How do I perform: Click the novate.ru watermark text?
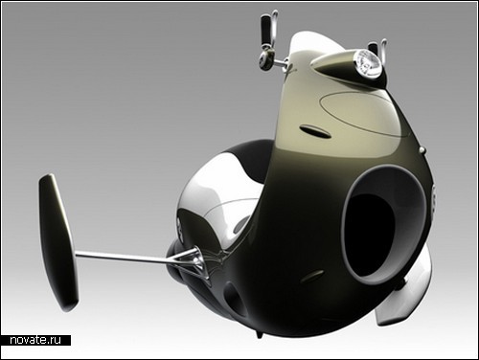(35, 340)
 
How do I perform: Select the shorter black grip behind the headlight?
(373, 48)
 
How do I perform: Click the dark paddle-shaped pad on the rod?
(58, 242)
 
